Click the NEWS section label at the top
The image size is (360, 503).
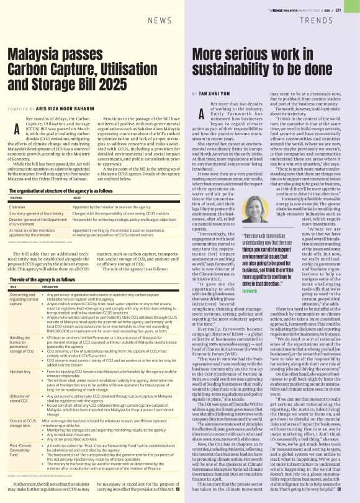(x=160, y=20)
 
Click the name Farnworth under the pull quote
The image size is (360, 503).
(x=250, y=291)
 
